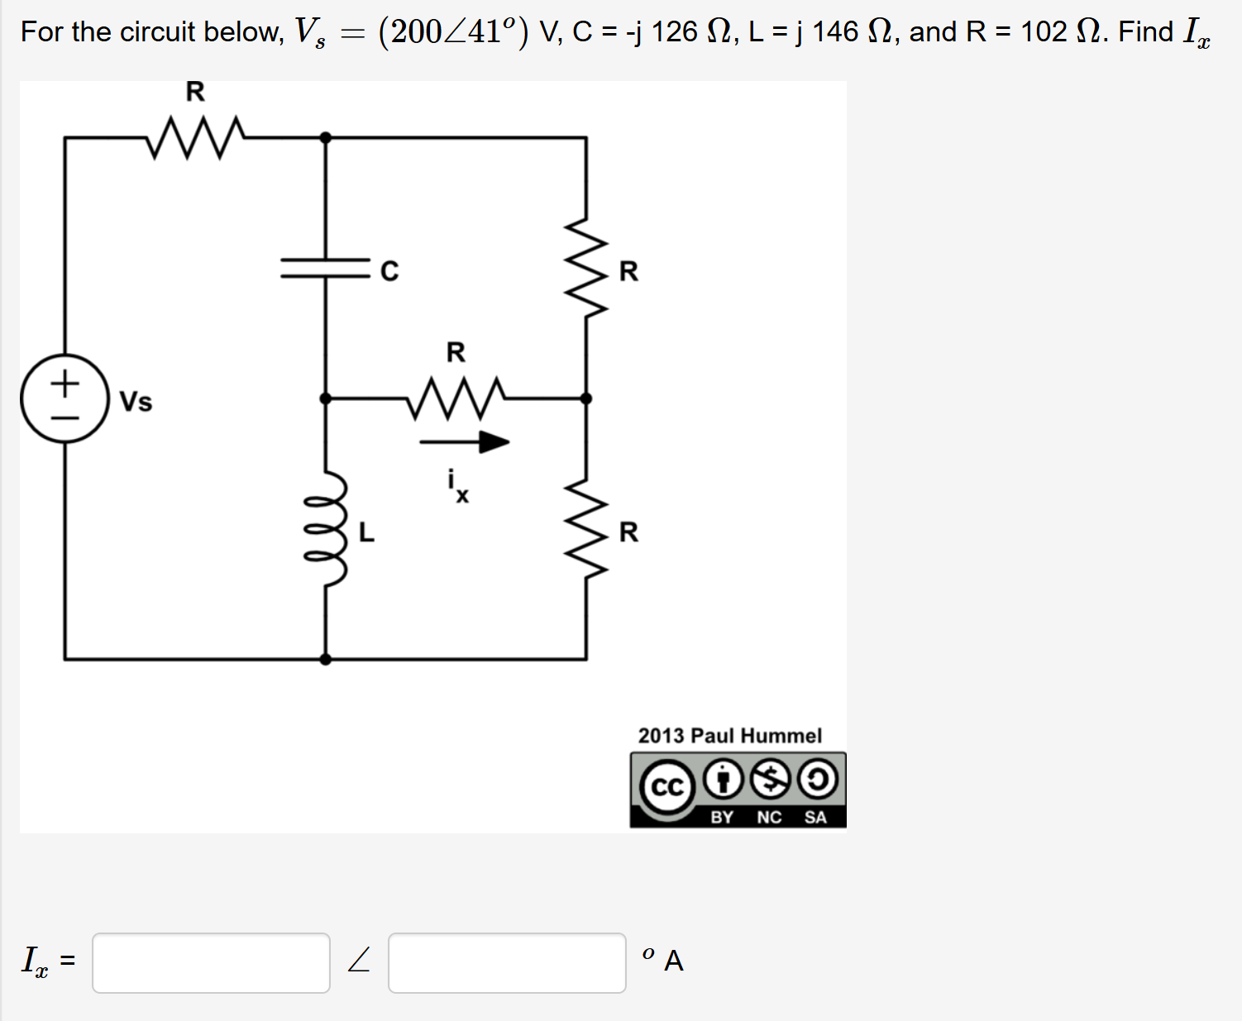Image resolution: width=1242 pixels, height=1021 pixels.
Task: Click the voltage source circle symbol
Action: tap(64, 398)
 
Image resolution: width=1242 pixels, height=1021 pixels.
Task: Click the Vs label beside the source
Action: tap(136, 402)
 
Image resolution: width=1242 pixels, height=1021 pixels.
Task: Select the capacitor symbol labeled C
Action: tap(325, 268)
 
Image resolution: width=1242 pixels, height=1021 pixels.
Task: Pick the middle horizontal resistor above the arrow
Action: tap(456, 398)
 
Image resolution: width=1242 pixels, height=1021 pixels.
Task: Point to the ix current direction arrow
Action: tap(464, 442)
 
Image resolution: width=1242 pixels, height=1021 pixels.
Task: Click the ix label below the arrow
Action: tap(457, 486)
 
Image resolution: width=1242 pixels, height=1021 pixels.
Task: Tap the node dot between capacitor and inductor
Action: tap(325, 398)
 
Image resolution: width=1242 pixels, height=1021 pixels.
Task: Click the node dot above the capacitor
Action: tap(325, 137)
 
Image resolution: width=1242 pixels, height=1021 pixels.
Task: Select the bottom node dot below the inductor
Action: tap(325, 659)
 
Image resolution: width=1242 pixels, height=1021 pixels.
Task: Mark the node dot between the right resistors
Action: tap(586, 398)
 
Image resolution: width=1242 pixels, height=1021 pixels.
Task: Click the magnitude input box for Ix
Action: tap(211, 962)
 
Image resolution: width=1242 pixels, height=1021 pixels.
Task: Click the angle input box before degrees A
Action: tap(507, 962)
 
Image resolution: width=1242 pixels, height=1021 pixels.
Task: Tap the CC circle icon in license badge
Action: tap(667, 786)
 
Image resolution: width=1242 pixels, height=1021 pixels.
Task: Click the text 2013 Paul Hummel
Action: tap(729, 736)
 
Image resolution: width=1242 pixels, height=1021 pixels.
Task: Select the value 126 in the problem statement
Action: tap(674, 32)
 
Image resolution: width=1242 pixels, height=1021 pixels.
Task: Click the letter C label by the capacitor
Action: tap(389, 271)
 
